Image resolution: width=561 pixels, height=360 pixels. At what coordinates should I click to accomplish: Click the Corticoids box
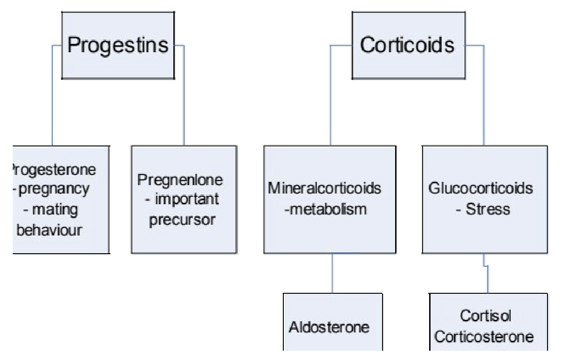coord(407,46)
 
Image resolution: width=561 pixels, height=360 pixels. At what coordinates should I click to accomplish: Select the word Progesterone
coord(54,170)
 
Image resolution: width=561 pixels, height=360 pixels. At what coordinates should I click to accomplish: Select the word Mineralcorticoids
coord(325,189)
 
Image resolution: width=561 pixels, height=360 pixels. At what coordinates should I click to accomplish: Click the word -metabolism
coord(325,209)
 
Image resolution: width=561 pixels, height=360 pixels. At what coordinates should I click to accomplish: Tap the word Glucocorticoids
coord(480,189)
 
